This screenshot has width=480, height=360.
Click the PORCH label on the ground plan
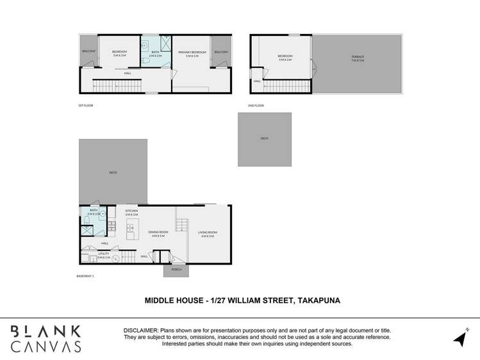tap(176, 270)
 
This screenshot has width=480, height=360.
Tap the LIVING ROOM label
tap(207, 233)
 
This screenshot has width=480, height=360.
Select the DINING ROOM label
tap(158, 233)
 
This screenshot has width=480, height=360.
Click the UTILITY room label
tap(103, 254)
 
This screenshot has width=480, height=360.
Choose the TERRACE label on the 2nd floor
tap(357, 57)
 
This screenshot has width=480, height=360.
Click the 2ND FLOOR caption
tap(256, 105)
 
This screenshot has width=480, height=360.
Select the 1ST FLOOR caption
tap(85, 105)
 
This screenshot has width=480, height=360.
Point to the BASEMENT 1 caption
tap(85, 276)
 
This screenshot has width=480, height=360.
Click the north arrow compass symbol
tap(461, 337)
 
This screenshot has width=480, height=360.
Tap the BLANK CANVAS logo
tap(46, 338)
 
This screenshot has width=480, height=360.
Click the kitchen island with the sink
tap(132, 227)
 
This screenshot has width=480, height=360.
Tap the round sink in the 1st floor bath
tap(145, 45)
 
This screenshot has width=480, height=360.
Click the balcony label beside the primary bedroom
tap(220, 52)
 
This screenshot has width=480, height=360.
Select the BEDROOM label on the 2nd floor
tap(285, 57)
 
